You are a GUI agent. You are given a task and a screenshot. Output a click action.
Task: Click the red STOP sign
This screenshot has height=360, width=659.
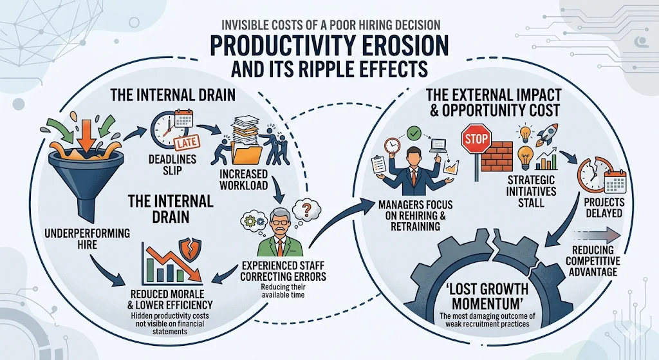coord(476,138)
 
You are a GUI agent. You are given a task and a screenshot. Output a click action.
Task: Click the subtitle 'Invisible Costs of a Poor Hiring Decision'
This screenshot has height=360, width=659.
coord(329,24)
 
